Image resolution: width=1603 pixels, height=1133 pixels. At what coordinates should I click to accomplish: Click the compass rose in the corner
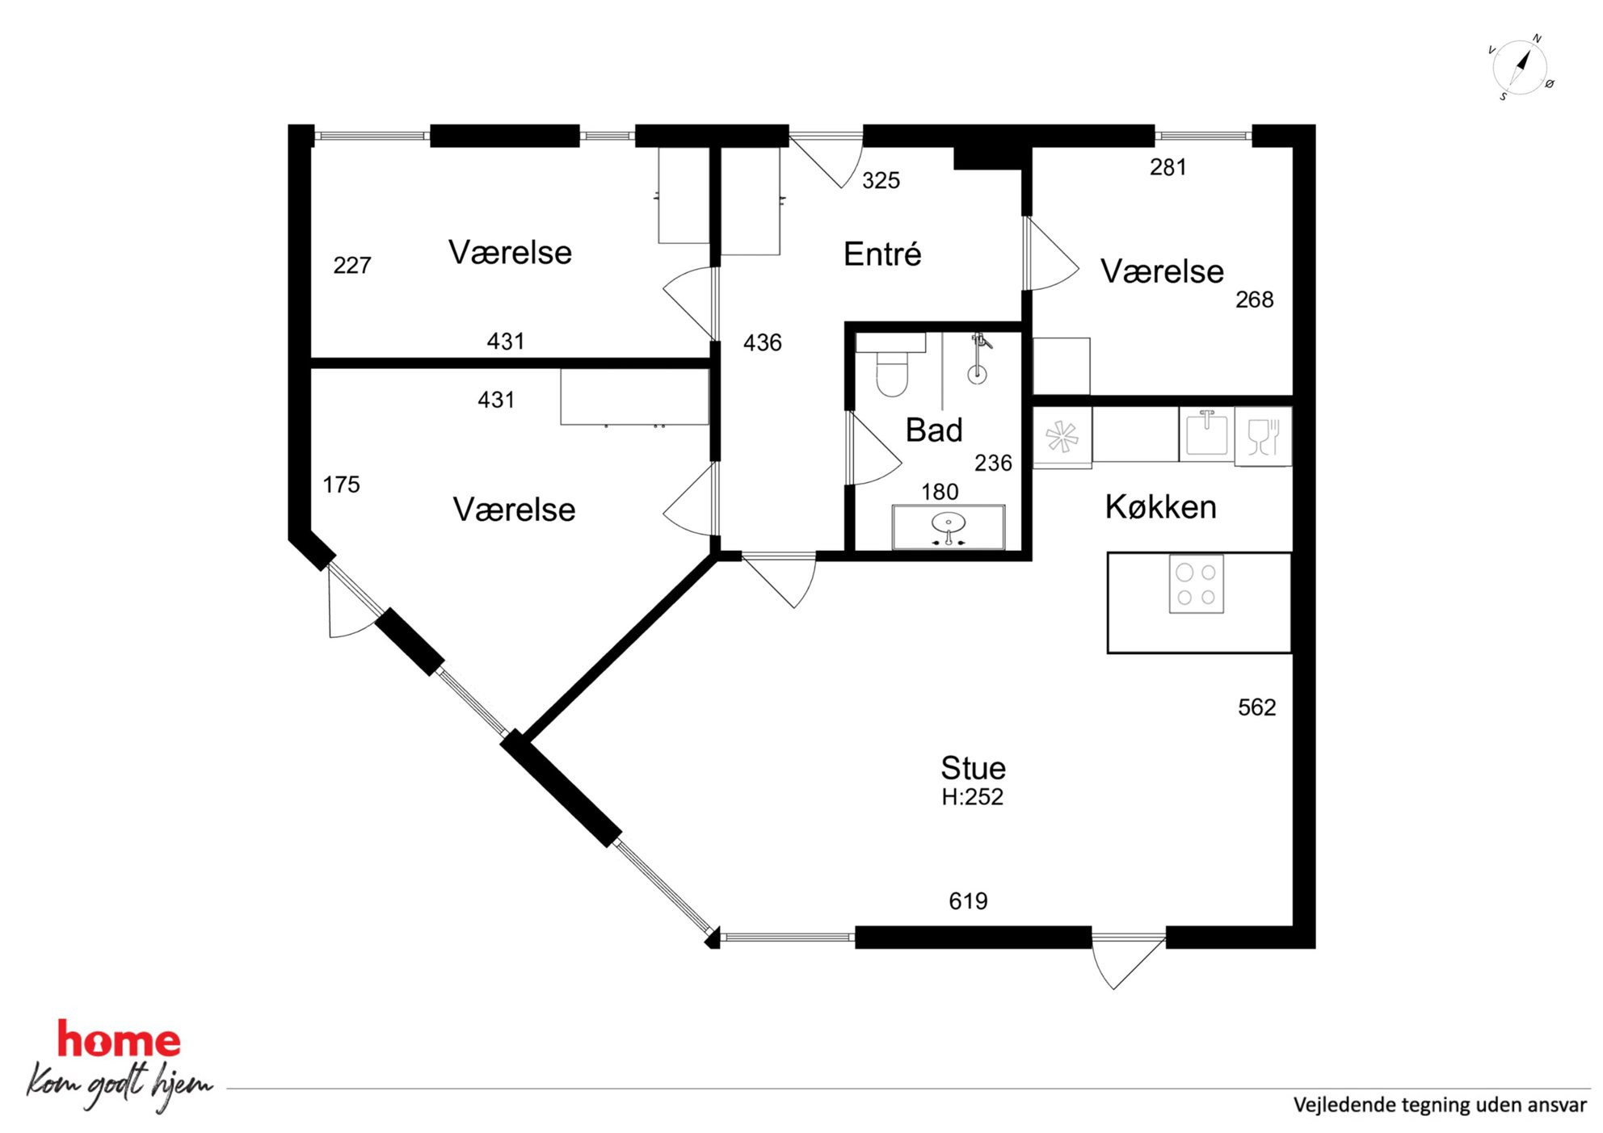(x=1521, y=67)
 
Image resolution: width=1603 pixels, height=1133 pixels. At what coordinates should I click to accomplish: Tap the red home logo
(x=119, y=1039)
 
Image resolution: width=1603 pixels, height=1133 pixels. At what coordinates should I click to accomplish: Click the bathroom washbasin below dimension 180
(x=949, y=527)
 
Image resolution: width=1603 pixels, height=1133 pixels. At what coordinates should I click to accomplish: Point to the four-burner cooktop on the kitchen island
(x=1197, y=584)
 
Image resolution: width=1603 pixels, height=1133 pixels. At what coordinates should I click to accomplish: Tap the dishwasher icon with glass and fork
(x=1263, y=437)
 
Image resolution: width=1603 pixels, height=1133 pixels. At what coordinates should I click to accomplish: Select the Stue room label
(x=974, y=767)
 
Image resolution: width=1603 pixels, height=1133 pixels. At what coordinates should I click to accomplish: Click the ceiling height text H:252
(x=972, y=797)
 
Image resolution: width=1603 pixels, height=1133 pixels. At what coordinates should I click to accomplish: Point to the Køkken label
(x=1161, y=507)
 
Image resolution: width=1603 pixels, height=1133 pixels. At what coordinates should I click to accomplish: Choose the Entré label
(x=882, y=254)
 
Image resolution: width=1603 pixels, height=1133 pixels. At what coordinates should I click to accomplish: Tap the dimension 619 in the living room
(x=968, y=901)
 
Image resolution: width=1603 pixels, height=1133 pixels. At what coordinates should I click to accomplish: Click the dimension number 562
(x=1257, y=707)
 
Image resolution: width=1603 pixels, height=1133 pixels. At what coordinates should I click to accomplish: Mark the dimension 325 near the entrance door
(x=881, y=181)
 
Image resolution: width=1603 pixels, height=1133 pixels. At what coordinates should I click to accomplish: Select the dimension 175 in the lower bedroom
(x=341, y=485)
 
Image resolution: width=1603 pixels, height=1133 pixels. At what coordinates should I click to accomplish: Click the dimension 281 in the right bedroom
(x=1168, y=167)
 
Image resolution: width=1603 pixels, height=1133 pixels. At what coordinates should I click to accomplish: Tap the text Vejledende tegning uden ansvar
(x=1440, y=1105)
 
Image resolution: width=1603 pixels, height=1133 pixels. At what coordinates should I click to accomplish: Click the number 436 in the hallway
(x=763, y=342)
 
